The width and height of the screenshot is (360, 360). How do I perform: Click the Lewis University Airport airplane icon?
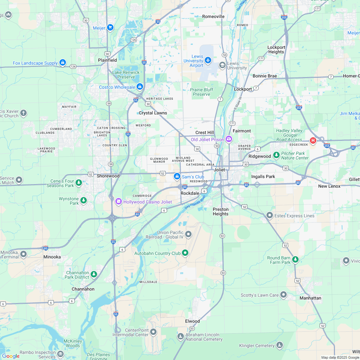pos(208,60)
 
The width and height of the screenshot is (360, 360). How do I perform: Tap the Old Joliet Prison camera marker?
pos(229,139)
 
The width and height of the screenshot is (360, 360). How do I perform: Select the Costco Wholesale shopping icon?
pos(139,87)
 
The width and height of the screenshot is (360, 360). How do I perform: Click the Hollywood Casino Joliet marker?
pos(118,202)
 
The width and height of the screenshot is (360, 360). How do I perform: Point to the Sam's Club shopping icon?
pos(177,176)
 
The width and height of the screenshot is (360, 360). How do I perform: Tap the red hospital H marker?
pos(312,140)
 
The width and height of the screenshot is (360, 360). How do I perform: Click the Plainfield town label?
pos(107,60)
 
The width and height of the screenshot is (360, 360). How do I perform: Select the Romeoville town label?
pos(213,16)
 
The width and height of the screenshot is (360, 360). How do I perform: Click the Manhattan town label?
pos(310,298)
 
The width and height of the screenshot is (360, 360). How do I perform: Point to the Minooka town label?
pos(52,257)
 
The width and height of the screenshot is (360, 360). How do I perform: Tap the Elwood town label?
pos(192,321)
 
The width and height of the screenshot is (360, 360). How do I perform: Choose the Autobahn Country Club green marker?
pos(185,253)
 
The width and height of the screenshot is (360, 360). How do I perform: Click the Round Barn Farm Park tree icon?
pos(295,259)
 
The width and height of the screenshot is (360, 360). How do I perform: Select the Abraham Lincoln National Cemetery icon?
pos(180,336)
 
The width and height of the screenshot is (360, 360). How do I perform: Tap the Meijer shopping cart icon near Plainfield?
pos(110,28)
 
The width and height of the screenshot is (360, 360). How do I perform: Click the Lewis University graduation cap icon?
pos(222,65)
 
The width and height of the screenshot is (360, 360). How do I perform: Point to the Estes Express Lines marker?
pos(269,215)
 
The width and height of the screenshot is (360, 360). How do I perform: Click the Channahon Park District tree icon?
pos(94,274)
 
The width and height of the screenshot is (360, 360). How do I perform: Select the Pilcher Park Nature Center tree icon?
pos(276,155)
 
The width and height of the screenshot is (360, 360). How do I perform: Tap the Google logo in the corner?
pos(11,356)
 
